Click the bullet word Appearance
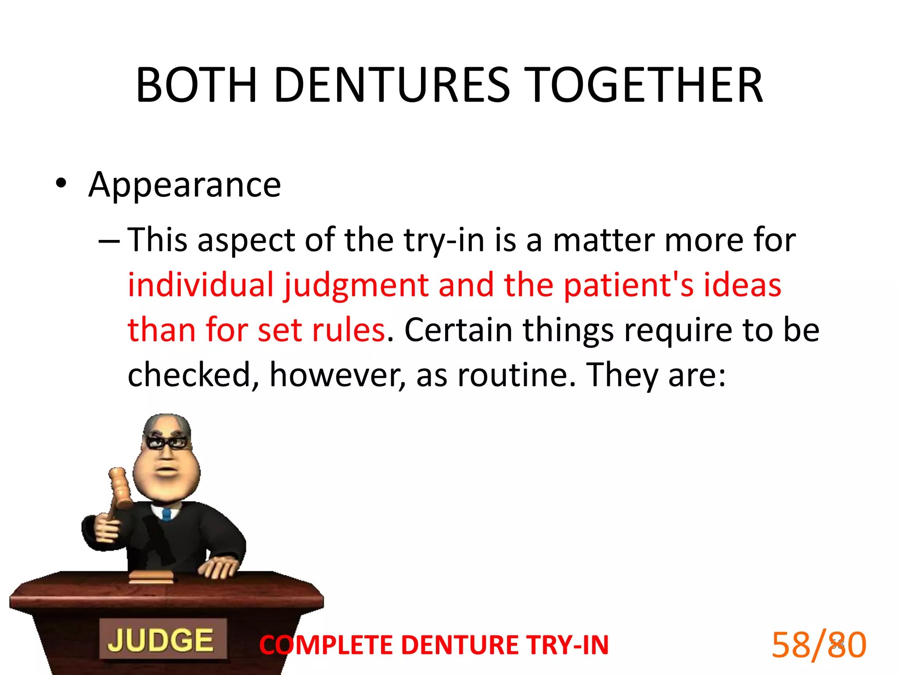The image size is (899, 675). tap(184, 185)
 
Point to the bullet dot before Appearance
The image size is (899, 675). tap(61, 183)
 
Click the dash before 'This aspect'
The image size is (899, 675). tap(108, 241)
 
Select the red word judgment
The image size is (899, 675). tap(356, 286)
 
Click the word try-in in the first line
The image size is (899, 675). tap(444, 240)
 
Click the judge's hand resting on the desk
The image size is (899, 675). tap(219, 566)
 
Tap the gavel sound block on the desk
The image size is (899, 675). tap(151, 577)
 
